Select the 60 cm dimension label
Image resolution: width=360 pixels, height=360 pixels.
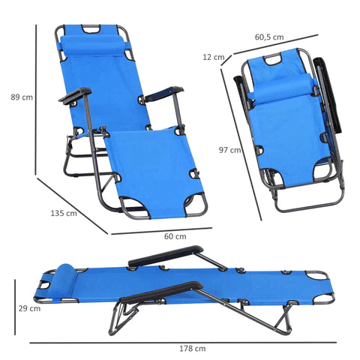pos(175,236)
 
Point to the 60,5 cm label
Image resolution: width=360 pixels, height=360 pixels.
pos(268,37)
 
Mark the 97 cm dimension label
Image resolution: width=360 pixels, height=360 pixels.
pos(230,150)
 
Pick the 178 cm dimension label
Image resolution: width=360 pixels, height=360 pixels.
pos(193,349)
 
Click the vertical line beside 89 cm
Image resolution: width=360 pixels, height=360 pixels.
pos(35,97)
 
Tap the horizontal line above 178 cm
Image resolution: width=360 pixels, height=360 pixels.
pos(180,342)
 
